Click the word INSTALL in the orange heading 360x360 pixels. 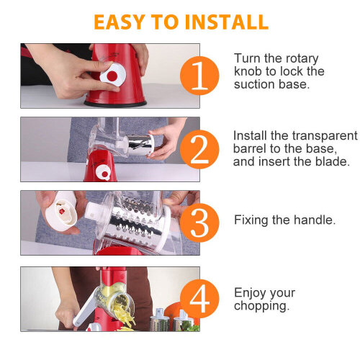227,22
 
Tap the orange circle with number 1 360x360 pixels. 199,76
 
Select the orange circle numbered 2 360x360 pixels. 199,149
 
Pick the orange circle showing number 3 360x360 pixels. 199,222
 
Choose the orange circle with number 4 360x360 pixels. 199,299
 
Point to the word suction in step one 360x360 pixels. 254,84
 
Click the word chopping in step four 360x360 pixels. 261,306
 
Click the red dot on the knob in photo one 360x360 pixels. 112,76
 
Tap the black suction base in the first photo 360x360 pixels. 115,104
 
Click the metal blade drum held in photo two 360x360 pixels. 141,145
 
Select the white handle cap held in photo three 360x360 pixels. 62,211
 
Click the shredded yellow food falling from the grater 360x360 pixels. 124,315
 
